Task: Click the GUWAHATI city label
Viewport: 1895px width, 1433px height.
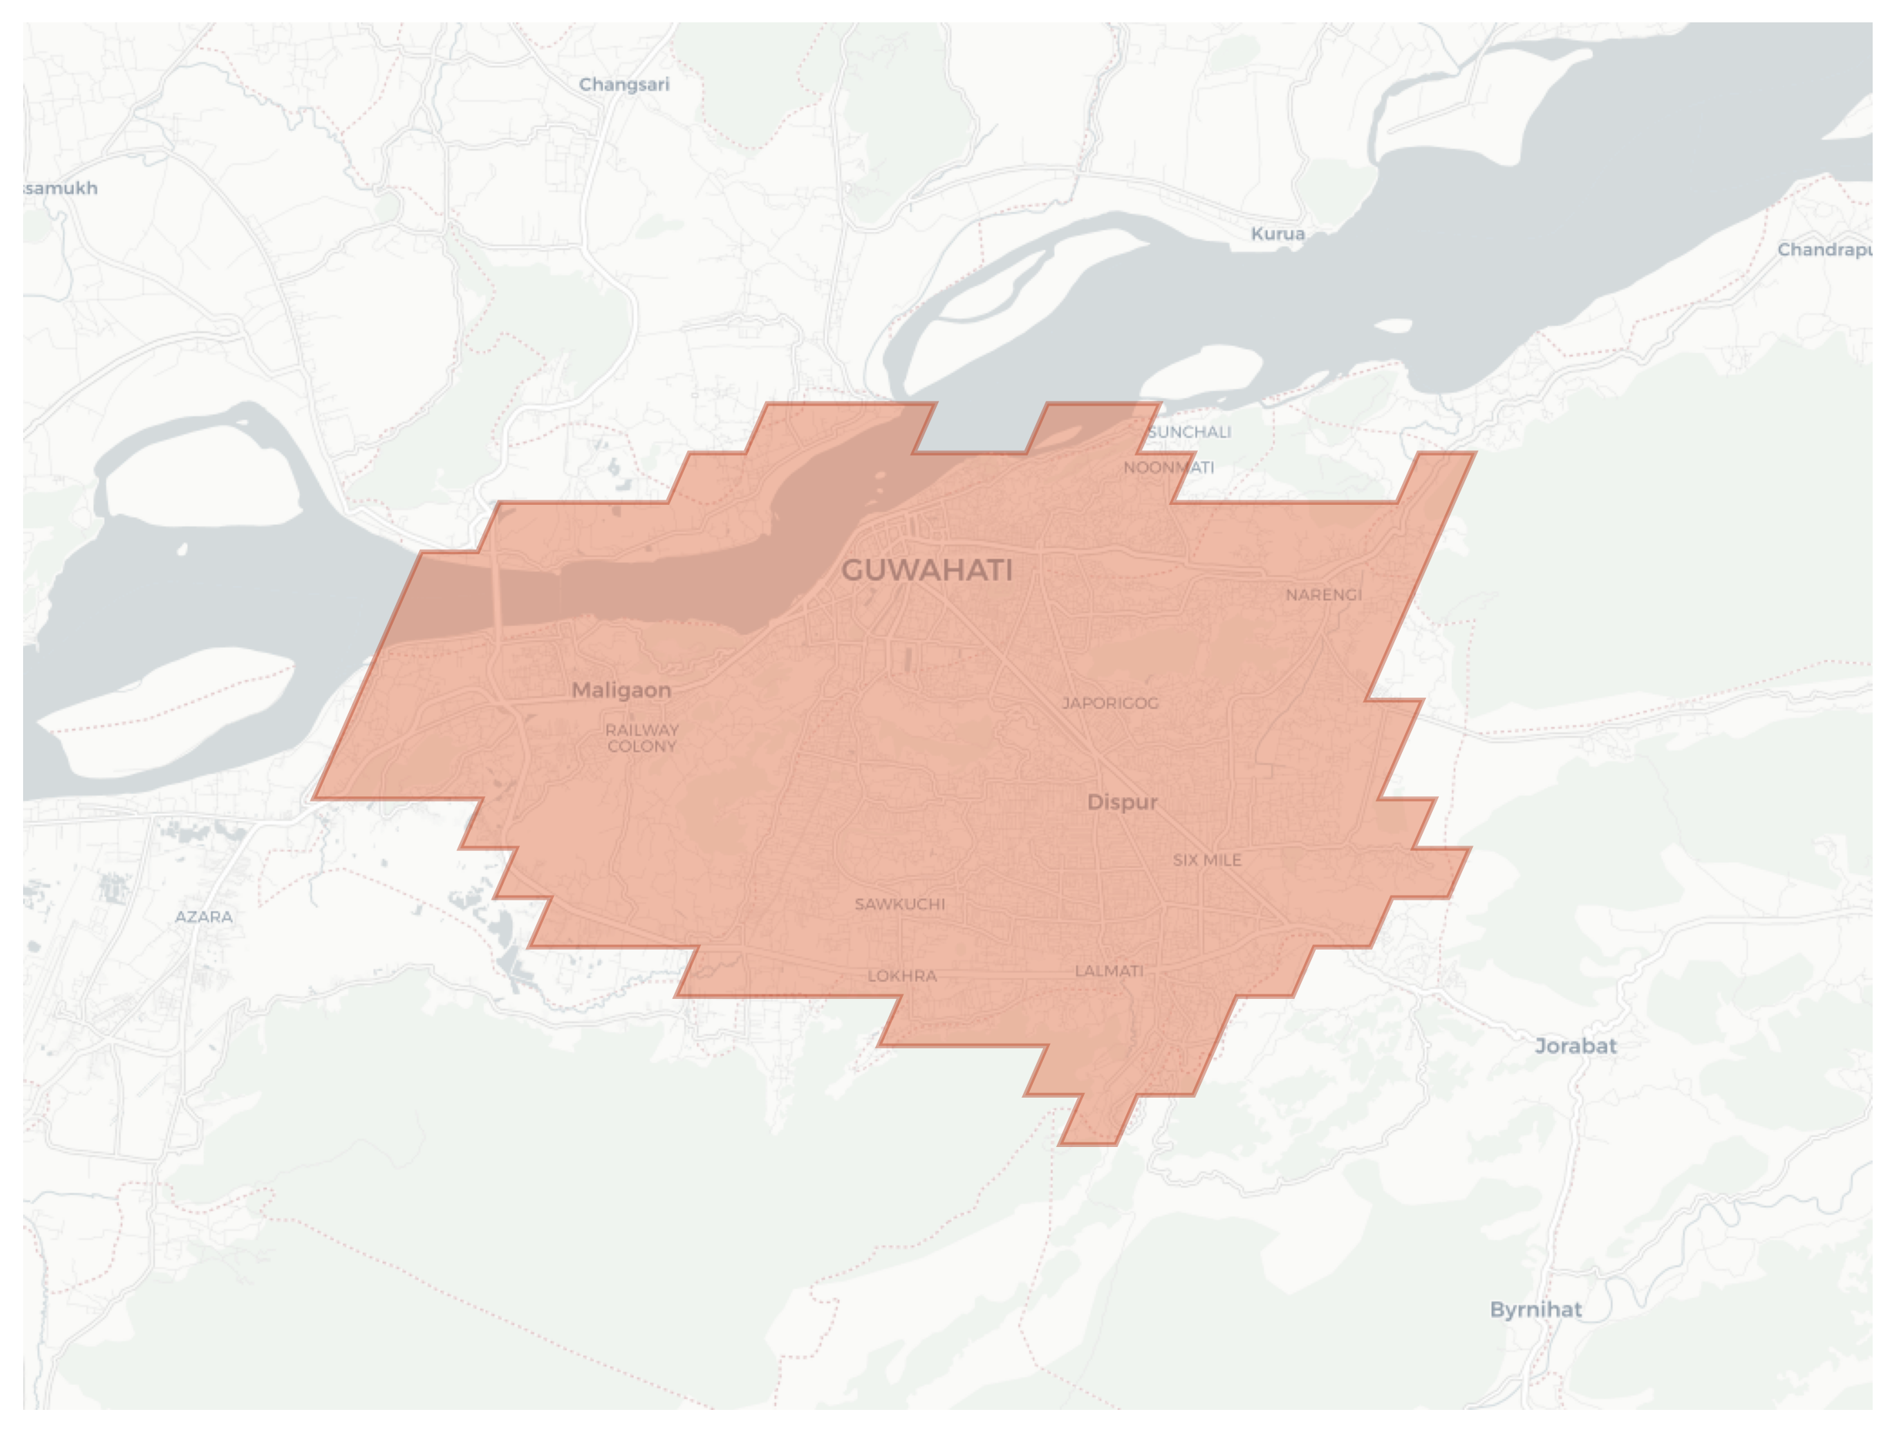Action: (927, 570)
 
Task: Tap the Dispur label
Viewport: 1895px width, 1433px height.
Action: (1122, 802)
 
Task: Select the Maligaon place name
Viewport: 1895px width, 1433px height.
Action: (621, 690)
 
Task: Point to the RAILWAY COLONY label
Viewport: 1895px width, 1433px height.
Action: (642, 738)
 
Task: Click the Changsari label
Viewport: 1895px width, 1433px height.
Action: (624, 85)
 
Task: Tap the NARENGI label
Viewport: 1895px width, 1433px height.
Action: (1323, 595)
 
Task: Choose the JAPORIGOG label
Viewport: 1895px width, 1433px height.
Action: (1110, 704)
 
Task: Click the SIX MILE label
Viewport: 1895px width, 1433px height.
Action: (1206, 859)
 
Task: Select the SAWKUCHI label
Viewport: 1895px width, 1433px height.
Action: (900, 904)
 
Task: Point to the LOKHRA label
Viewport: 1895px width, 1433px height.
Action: (902, 975)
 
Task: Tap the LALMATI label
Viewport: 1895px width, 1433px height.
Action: (1108, 971)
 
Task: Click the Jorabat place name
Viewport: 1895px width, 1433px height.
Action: (1575, 1045)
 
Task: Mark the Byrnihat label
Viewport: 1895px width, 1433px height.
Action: (1535, 1310)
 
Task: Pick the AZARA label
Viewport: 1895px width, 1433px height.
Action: (204, 917)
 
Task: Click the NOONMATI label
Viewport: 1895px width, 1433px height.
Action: (1169, 468)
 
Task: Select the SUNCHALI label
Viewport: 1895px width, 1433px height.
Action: (1189, 432)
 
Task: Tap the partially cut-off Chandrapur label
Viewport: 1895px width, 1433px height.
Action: (1825, 251)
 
